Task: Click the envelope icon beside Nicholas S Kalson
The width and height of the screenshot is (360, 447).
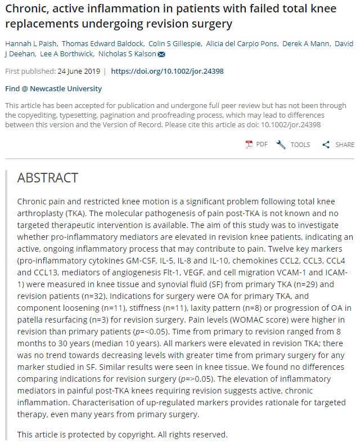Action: click(x=161, y=55)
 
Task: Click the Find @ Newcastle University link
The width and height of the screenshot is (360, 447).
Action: click(x=53, y=88)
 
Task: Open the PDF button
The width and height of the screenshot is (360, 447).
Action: click(x=256, y=145)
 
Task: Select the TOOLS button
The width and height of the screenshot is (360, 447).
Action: click(x=293, y=145)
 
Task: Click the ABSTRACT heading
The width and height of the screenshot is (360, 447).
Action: click(x=48, y=178)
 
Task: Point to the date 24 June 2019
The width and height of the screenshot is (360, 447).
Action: click(x=79, y=71)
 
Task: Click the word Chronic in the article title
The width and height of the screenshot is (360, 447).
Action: click(x=26, y=10)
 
